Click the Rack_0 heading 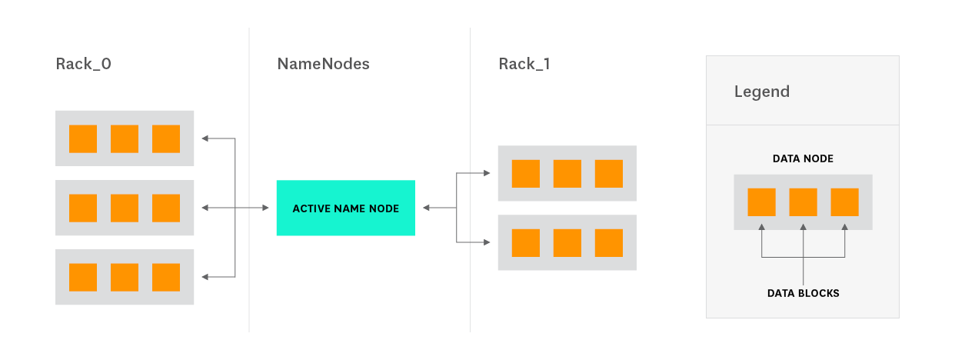pos(84,64)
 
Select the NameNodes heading pos(323,64)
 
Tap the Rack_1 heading pos(524,64)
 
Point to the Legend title pos(761,92)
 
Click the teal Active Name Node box pos(345,208)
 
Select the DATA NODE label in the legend pos(803,158)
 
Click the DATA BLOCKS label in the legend pos(803,293)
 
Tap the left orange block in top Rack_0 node pos(83,138)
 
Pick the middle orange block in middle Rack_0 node pos(125,208)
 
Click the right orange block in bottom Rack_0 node pos(166,277)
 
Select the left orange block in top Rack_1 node pos(526,173)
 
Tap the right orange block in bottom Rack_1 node pos(609,242)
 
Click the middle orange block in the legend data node pos(803,202)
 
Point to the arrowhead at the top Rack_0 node pos(205,138)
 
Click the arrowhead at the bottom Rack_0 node pos(205,277)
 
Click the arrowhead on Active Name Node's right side pos(425,208)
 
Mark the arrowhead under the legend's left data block pos(761,227)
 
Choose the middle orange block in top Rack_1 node pos(567,173)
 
